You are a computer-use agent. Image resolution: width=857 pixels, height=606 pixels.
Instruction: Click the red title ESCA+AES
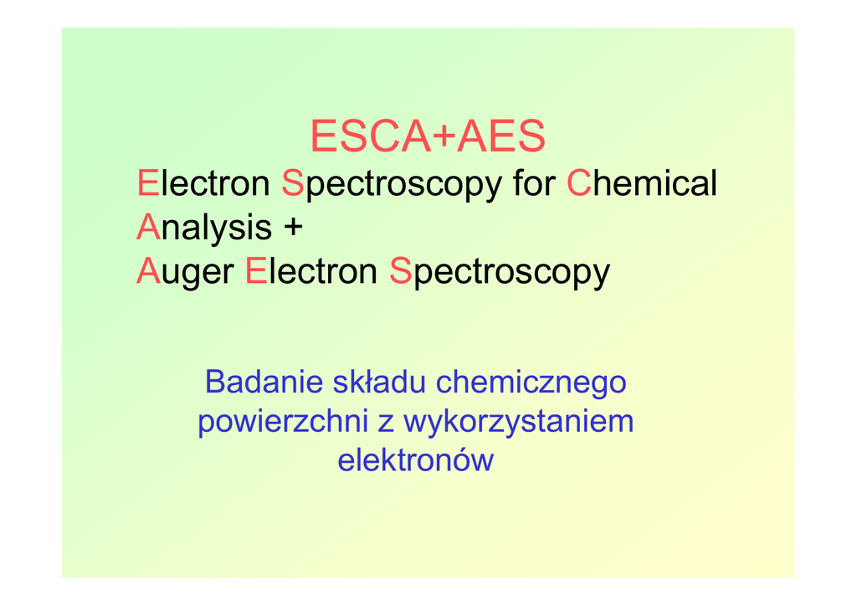(x=428, y=136)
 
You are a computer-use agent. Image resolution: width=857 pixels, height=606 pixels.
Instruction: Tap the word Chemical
(x=642, y=182)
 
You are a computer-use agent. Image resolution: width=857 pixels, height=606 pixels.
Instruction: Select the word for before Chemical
(x=534, y=182)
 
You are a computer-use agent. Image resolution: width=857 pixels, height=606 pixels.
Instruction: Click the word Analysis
(x=204, y=228)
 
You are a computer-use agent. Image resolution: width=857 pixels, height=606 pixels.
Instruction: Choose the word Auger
(x=185, y=271)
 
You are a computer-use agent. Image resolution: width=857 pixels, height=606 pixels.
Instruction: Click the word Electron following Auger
(x=311, y=271)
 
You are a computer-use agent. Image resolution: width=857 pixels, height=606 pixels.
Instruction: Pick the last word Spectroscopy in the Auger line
(x=500, y=271)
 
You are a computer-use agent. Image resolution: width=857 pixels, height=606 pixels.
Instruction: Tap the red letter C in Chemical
(x=579, y=182)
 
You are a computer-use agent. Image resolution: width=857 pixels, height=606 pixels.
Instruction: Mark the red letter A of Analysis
(x=148, y=227)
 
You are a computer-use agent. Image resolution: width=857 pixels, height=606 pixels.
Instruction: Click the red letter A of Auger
(x=148, y=271)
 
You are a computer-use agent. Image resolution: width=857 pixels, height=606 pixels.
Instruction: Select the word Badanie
(x=264, y=382)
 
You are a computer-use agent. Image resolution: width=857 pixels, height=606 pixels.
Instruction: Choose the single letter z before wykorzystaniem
(x=385, y=424)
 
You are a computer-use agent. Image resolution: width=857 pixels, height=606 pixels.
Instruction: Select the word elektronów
(x=415, y=460)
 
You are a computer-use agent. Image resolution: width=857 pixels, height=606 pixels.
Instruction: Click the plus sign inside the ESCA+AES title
(x=444, y=136)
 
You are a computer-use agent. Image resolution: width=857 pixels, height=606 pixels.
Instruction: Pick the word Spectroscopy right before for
(x=392, y=183)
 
